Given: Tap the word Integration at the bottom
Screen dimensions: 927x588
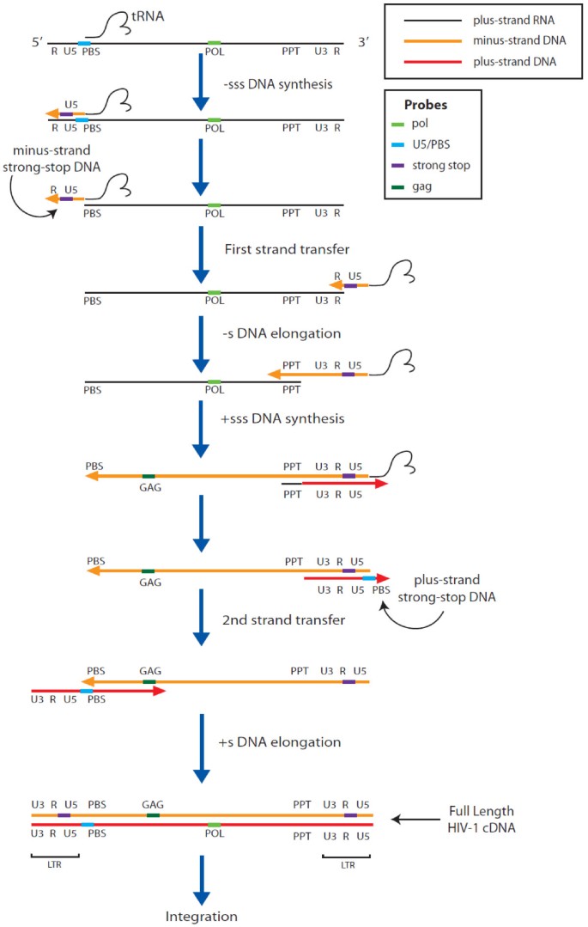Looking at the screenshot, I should point(201,916).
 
